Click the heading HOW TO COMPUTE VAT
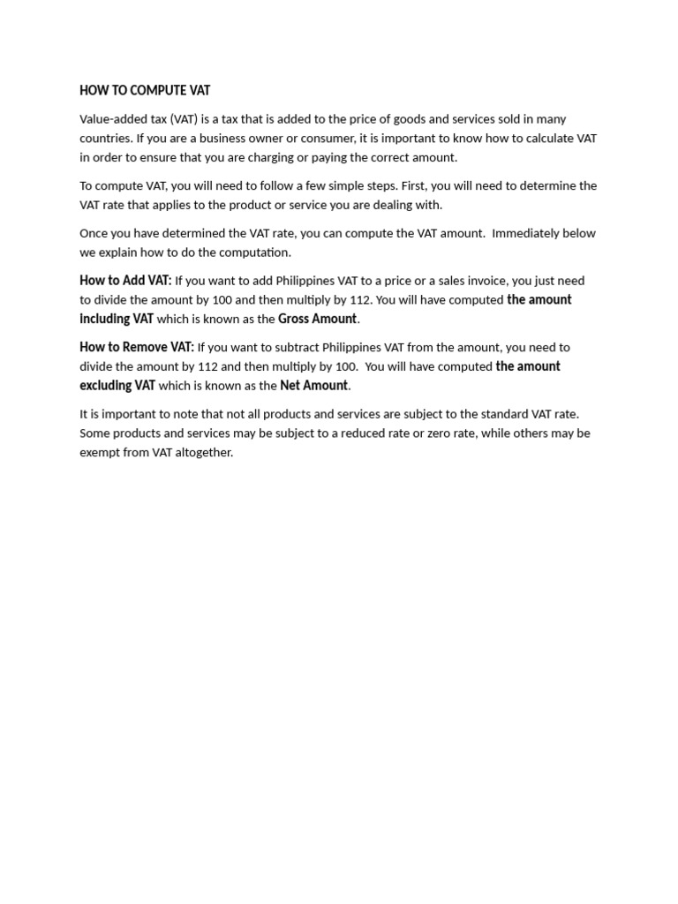pyautogui.click(x=145, y=90)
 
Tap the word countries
pyautogui.click(x=105, y=138)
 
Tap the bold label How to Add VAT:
pyautogui.click(x=125, y=280)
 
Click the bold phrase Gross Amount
pyautogui.click(x=317, y=319)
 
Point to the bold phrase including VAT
pyautogui.click(x=117, y=319)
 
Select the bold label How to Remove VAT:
pyautogui.click(x=137, y=347)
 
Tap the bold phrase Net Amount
pyautogui.click(x=313, y=385)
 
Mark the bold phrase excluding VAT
pyautogui.click(x=117, y=385)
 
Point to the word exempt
pyautogui.click(x=100, y=452)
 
